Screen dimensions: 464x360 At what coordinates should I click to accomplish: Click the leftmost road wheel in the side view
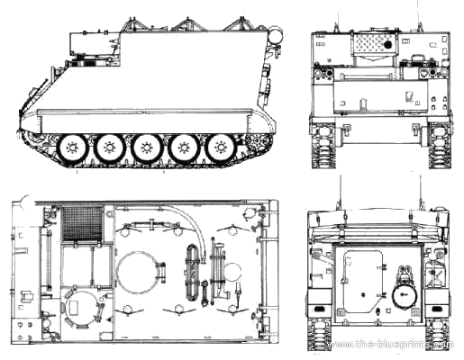tap(72, 148)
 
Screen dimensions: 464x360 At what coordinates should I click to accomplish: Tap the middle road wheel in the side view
tap(147, 148)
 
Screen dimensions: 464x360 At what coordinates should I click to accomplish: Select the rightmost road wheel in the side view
tap(222, 148)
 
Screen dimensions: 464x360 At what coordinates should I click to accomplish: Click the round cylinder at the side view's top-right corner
tap(276, 35)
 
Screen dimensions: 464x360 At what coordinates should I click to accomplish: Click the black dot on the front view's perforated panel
tap(388, 45)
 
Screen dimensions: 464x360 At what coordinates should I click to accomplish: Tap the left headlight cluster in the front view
tap(324, 73)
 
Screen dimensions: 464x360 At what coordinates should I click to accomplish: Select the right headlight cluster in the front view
tap(429, 73)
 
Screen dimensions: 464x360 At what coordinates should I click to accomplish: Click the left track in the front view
tap(323, 146)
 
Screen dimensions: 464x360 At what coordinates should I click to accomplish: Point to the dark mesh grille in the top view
tap(82, 223)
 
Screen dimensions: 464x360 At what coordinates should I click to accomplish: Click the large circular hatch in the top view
tap(136, 273)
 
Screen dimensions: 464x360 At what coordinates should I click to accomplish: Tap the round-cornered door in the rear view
tap(363, 281)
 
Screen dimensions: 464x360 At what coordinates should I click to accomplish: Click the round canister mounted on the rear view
tap(404, 295)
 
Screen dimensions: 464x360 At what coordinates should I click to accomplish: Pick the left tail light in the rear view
tap(319, 309)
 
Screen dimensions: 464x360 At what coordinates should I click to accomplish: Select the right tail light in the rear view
tap(432, 309)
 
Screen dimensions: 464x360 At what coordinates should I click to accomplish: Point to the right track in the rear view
tap(438, 335)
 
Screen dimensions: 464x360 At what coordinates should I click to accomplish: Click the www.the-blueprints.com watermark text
tap(390, 344)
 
